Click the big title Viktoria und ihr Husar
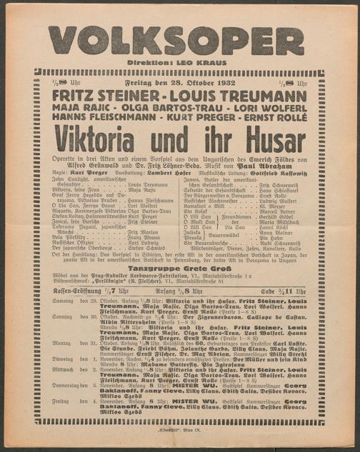coord(180,137)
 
